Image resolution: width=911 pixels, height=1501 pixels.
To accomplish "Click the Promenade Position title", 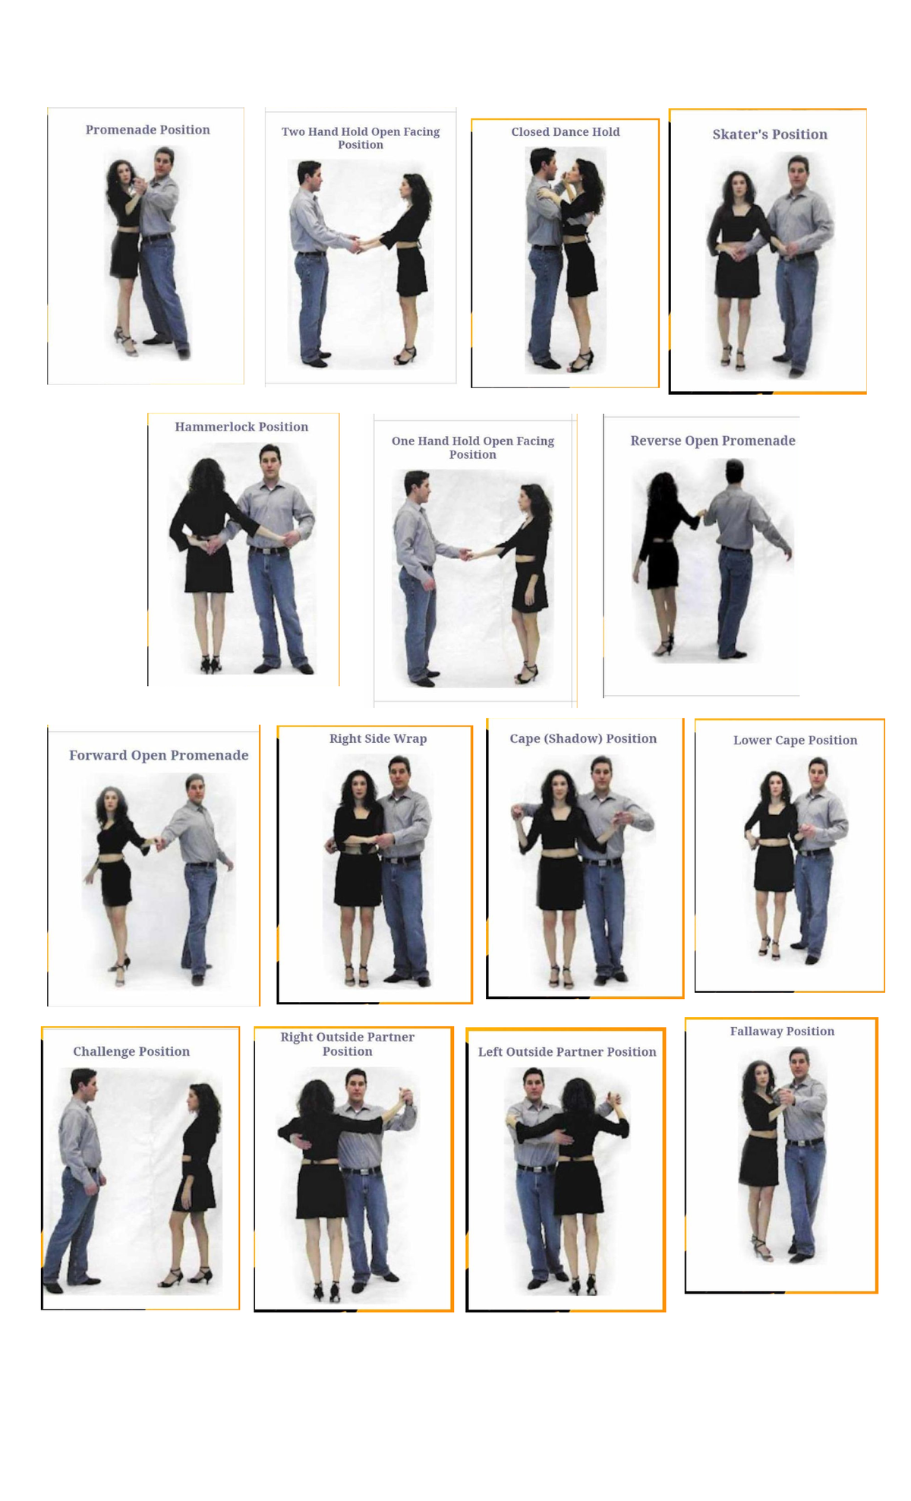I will (147, 130).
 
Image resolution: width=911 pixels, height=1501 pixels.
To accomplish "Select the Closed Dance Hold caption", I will (565, 132).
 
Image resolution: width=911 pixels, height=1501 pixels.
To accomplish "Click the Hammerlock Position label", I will (241, 427).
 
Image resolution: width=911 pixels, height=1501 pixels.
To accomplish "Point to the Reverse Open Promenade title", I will (712, 441).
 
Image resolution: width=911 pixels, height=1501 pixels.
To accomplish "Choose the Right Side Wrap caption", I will (377, 738).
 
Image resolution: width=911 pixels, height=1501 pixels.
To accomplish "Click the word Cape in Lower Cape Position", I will (790, 740).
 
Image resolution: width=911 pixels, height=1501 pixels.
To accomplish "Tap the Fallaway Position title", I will (782, 1031).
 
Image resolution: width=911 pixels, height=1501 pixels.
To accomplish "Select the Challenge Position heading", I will (131, 1051).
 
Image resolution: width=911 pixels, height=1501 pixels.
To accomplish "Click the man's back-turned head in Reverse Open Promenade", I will (734, 472).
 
